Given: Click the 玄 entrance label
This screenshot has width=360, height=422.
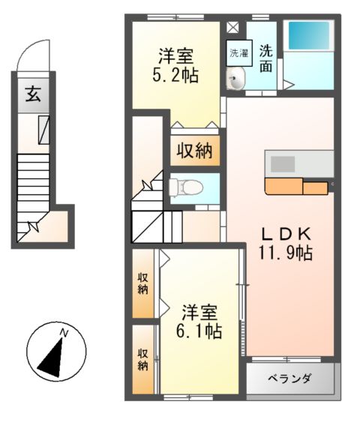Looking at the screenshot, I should tap(32, 94).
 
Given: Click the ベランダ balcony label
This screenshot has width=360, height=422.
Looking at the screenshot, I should tap(289, 379).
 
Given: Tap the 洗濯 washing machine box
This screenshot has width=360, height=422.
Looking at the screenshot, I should tap(238, 53).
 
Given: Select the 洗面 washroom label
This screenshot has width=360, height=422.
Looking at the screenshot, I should tap(266, 60).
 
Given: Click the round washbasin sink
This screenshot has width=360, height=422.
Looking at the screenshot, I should tap(237, 79).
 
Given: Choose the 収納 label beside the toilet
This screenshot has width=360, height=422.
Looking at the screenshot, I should tap(194, 151).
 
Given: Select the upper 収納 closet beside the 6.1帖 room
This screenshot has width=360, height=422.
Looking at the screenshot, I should tap(142, 285).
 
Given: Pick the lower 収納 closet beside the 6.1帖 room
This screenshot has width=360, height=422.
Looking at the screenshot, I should tap(142, 361).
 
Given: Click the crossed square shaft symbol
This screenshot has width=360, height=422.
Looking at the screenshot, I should tap(232, 28).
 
